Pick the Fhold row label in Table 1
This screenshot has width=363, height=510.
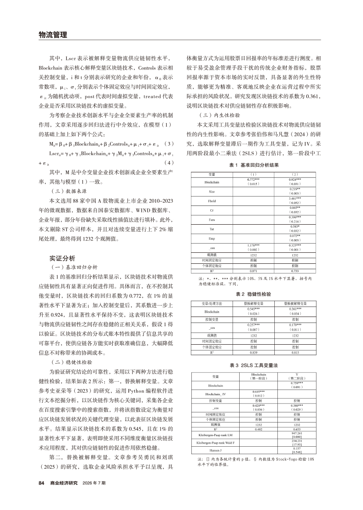click(212, 201)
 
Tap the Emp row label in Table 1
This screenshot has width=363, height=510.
click(212, 238)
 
